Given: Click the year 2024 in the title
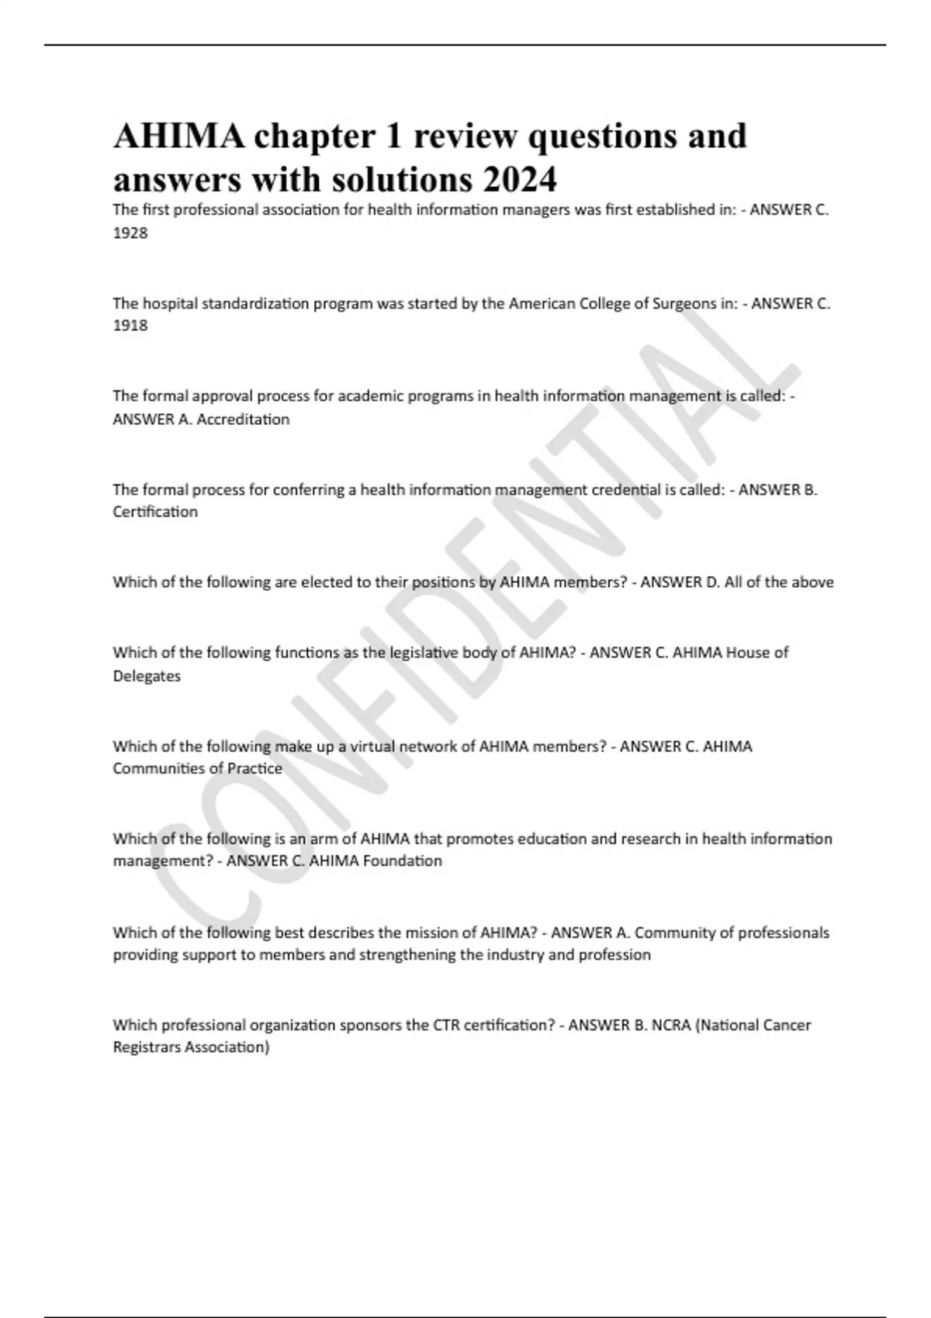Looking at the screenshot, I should [x=519, y=180].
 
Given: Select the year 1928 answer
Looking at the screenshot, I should [x=130, y=233].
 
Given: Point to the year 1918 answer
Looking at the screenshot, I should [x=130, y=326].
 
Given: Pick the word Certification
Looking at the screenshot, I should [x=155, y=512].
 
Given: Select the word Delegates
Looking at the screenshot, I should [x=147, y=676].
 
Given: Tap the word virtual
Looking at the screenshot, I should [x=374, y=747].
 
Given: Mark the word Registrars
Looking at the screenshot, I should [x=149, y=1047].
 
